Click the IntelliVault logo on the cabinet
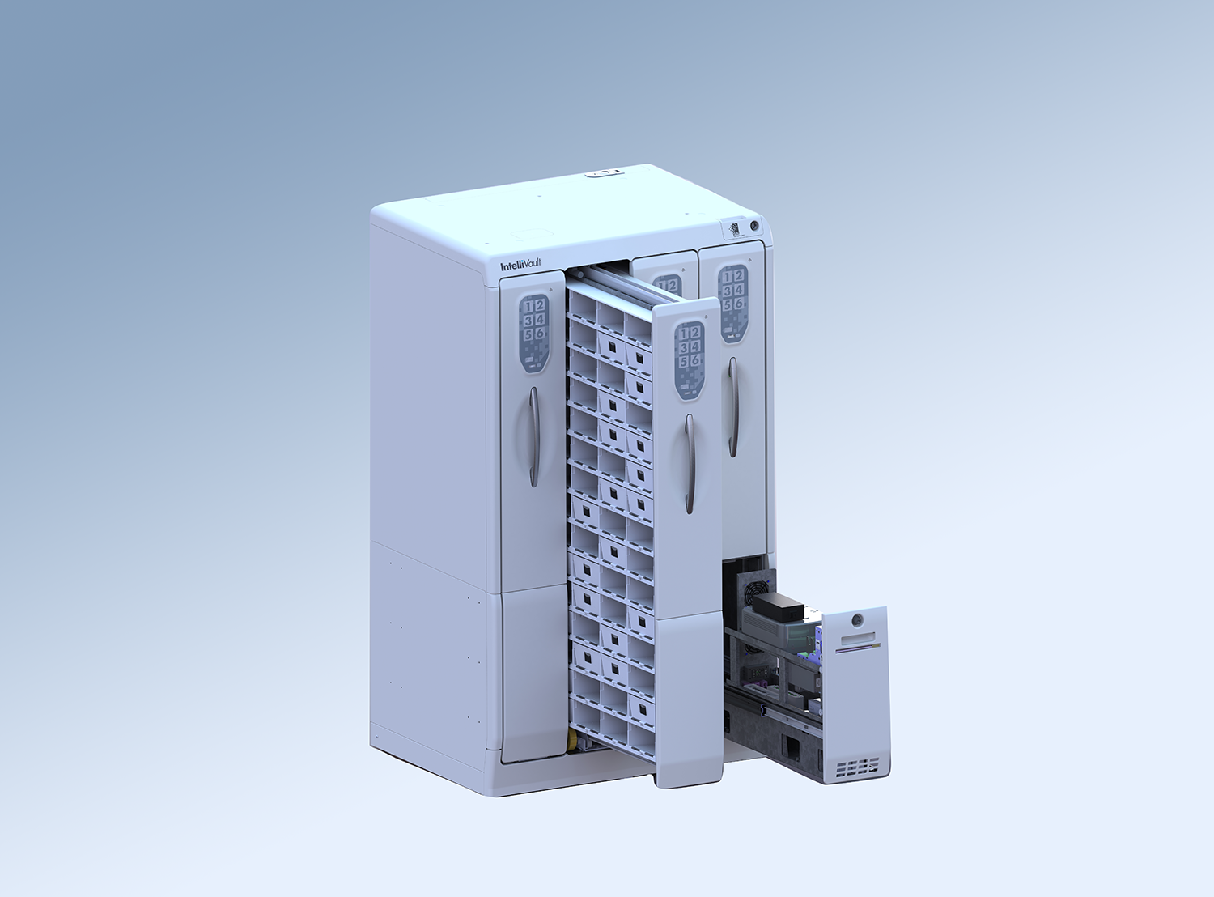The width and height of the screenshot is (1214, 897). point(520,265)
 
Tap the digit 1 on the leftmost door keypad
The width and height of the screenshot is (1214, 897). point(528,306)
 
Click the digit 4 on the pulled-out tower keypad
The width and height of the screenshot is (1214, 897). point(695,347)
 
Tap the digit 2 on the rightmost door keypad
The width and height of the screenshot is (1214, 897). point(738,276)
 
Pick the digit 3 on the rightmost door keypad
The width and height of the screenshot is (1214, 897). point(728,291)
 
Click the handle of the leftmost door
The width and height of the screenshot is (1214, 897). point(534,436)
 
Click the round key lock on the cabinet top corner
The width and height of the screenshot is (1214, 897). point(754,226)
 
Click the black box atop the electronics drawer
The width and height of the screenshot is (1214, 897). point(777,603)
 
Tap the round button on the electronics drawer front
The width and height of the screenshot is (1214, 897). point(857,621)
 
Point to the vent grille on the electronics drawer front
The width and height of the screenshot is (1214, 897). point(856,767)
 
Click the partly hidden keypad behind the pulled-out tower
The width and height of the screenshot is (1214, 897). point(668,284)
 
